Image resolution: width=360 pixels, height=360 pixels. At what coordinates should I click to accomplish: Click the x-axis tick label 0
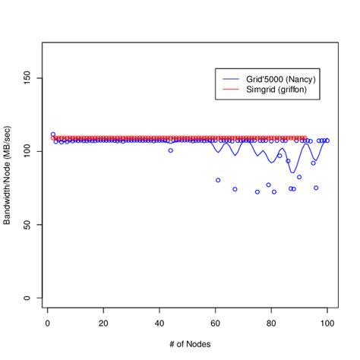[x=47, y=323]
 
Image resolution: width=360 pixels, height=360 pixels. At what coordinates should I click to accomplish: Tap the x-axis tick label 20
[x=103, y=323]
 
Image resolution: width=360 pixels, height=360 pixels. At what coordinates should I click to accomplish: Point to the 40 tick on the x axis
[x=159, y=323]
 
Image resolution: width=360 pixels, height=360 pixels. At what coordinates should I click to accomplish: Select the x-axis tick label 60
[x=215, y=323]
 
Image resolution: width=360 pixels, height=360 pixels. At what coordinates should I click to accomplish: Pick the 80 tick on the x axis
[x=271, y=323]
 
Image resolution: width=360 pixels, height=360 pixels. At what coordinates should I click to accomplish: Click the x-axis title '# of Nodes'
[x=187, y=344]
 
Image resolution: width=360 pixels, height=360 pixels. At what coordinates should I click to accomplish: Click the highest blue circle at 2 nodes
[x=52, y=134]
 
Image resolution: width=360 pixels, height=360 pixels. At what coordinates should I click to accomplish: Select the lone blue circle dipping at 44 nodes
[x=170, y=150]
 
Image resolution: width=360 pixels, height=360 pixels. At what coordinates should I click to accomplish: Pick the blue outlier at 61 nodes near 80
[x=218, y=180]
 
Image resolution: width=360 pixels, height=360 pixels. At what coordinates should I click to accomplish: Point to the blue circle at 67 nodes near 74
[x=235, y=189]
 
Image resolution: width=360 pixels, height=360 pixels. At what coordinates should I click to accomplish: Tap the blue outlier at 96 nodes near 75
[x=316, y=188]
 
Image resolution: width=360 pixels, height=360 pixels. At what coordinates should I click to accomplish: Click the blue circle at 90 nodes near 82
[x=299, y=177]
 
